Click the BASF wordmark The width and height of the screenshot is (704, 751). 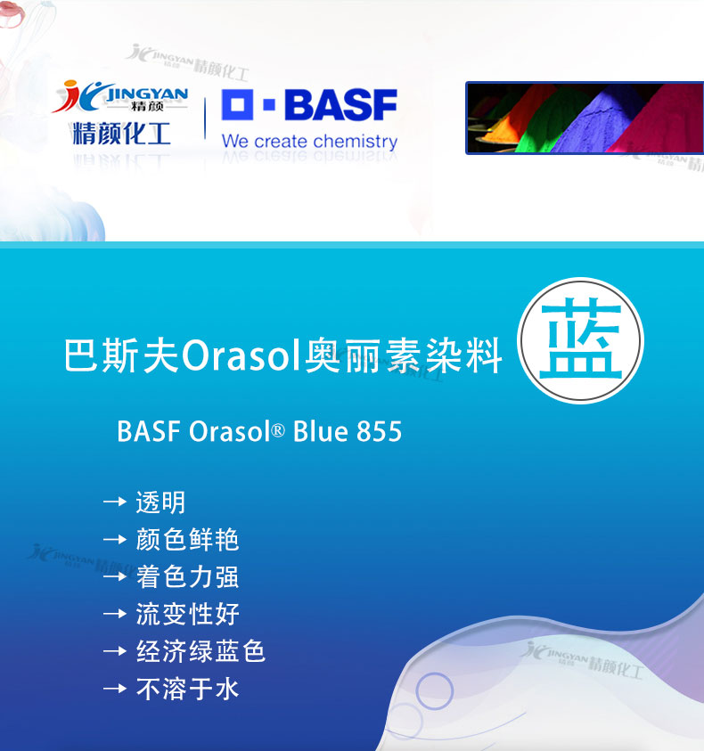point(340,104)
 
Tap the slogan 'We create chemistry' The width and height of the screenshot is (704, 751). point(309,142)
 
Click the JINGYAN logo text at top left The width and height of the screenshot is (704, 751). point(147,93)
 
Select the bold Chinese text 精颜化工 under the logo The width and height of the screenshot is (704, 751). point(122,133)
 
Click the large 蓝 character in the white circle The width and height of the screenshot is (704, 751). point(581,339)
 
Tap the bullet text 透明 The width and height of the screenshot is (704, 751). point(160,502)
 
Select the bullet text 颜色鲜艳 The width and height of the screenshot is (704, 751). point(187,540)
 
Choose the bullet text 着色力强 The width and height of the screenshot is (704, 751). point(187,576)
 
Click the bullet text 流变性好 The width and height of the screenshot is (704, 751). point(187,614)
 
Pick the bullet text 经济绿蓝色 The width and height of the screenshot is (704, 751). point(201,651)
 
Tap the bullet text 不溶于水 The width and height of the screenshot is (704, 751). point(187,689)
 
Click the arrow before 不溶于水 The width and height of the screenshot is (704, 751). point(115,689)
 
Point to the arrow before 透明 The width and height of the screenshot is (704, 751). point(115,502)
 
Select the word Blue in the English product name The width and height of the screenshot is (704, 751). point(320,431)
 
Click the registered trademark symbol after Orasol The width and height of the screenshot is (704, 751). point(278,430)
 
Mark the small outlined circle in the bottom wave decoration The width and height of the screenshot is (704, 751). point(434,691)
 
